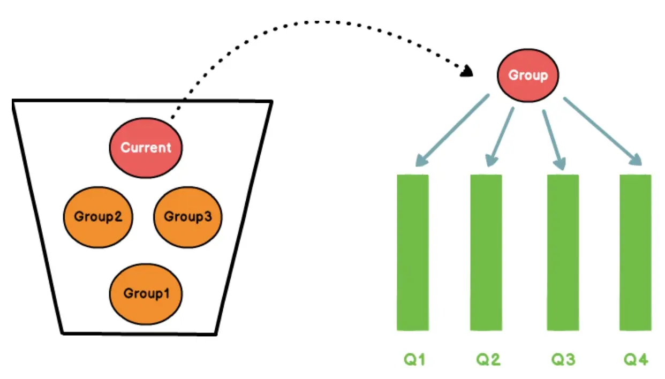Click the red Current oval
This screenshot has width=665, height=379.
click(146, 148)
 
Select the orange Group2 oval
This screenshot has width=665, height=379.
click(99, 217)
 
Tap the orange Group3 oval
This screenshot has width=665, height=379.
click(187, 217)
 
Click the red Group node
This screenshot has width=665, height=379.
click(528, 75)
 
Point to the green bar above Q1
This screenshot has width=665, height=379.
click(413, 252)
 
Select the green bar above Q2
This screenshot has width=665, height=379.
click(486, 252)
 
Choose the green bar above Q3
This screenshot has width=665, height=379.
click(563, 252)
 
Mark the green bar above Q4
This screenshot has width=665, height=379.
click(636, 252)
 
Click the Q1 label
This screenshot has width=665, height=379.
click(414, 359)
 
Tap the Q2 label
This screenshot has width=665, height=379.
click(488, 359)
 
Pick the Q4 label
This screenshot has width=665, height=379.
click(636, 359)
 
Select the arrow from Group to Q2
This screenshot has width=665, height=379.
click(500, 137)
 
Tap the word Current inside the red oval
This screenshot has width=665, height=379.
click(146, 148)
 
